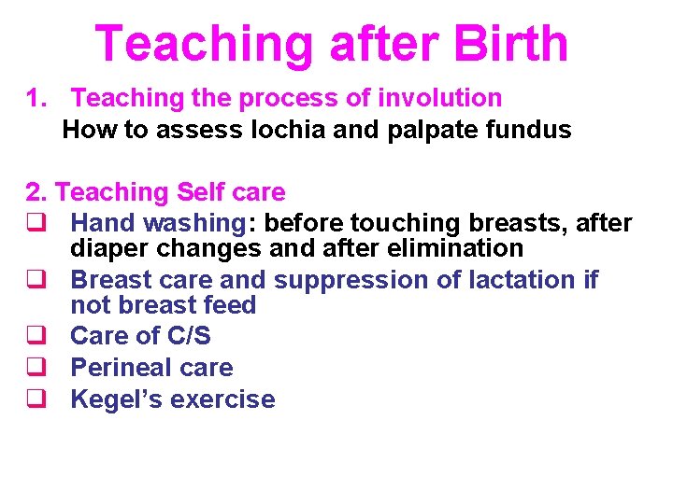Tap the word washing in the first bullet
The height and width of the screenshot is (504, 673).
199,224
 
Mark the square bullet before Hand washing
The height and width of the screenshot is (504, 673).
35,224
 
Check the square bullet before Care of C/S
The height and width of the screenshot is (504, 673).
35,336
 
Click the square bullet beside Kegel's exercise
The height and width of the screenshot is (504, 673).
35,399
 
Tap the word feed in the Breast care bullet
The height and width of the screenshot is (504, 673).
229,305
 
